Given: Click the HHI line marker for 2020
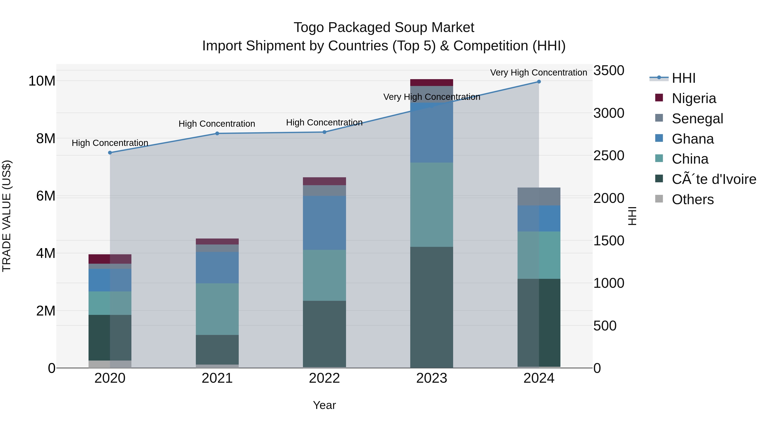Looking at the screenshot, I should click(x=110, y=153).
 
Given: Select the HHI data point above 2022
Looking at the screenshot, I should click(x=325, y=132).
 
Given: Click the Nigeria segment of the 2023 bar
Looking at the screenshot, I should click(x=432, y=83).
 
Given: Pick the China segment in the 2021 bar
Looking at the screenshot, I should click(x=217, y=309).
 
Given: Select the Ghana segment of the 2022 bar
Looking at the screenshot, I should click(x=325, y=223).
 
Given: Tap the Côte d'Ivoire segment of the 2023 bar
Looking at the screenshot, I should click(x=432, y=307).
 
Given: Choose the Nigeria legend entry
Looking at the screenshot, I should click(x=694, y=98).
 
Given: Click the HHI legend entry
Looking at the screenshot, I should click(x=683, y=78).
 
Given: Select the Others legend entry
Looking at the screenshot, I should click(x=692, y=199).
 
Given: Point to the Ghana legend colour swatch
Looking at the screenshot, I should click(x=659, y=138).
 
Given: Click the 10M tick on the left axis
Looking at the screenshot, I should click(x=42, y=81).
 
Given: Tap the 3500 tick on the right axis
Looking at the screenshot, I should click(x=609, y=71).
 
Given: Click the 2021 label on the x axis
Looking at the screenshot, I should click(x=217, y=378).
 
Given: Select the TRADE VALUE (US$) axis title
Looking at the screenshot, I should click(x=7, y=216).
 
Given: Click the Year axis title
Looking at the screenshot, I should click(x=324, y=405).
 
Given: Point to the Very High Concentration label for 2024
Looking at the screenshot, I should click(x=538, y=73).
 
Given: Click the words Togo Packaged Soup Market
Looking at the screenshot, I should click(x=384, y=28).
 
